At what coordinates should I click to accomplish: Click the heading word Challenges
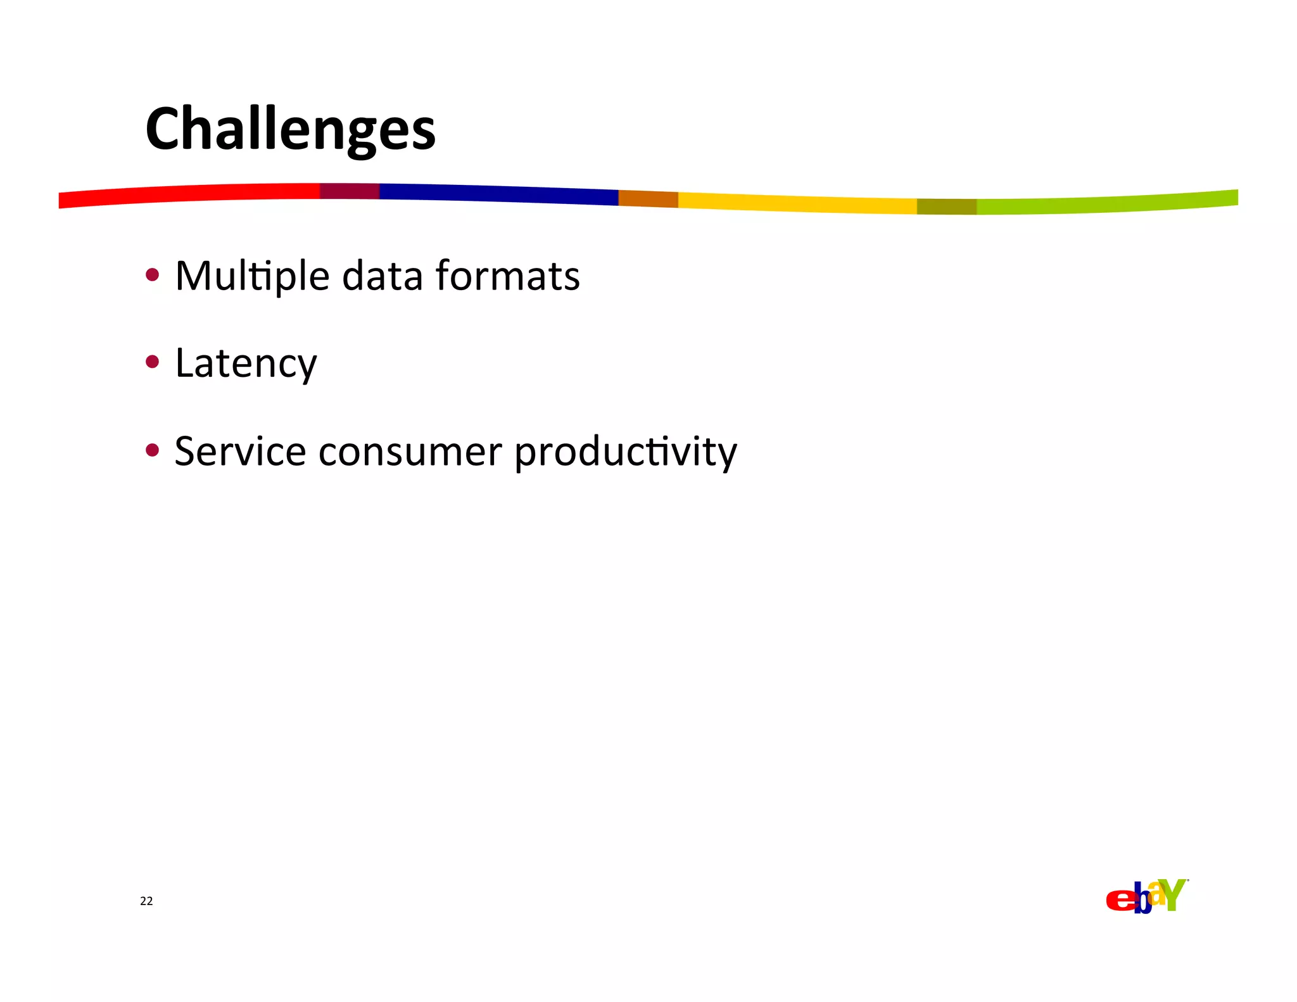pyautogui.click(x=290, y=129)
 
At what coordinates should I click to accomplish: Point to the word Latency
pyautogui.click(x=246, y=364)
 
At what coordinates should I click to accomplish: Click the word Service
pyautogui.click(x=240, y=452)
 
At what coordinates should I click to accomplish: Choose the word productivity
pyautogui.click(x=626, y=453)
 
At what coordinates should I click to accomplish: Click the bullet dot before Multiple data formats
pyautogui.click(x=152, y=274)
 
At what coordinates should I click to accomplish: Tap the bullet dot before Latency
pyautogui.click(x=152, y=362)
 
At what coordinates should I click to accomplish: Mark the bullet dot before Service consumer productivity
pyautogui.click(x=152, y=450)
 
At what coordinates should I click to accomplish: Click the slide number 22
pyautogui.click(x=146, y=901)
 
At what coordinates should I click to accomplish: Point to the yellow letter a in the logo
pyautogui.click(x=1157, y=894)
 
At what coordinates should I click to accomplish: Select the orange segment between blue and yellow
pyautogui.click(x=648, y=199)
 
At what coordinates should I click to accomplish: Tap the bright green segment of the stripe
pyautogui.click(x=1108, y=203)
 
